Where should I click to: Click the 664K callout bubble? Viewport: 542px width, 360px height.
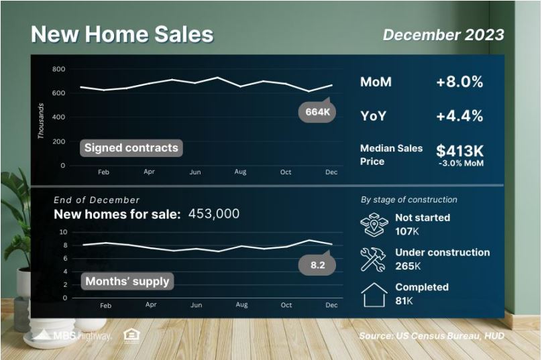coord(317,111)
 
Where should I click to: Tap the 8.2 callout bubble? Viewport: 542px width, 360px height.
coord(317,264)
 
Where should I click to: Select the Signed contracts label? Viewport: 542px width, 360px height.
coord(131,148)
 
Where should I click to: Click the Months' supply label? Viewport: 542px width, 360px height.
coord(127,281)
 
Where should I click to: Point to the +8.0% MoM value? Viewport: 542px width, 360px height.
coord(459,82)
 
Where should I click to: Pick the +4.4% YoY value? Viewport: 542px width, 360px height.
coord(459,116)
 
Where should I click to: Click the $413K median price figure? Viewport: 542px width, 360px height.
coord(459,151)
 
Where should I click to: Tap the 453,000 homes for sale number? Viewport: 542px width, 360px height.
coord(214,214)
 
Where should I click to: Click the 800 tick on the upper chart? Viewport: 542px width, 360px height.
coord(59,69)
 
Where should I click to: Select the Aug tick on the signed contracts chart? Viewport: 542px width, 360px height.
coord(240,172)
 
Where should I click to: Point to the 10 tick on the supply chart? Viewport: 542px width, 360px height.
coord(63,232)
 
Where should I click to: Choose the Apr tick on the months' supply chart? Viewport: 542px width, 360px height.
coord(151,305)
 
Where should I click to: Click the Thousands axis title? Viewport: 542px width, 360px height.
coord(41,121)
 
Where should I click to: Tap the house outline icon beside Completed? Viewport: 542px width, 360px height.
coord(374,295)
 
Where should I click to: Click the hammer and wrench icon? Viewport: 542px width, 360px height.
coord(374,259)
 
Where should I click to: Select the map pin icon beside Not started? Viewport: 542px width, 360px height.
coord(374,225)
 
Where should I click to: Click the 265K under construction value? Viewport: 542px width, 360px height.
coord(408,266)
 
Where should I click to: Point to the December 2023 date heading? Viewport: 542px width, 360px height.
coord(443,35)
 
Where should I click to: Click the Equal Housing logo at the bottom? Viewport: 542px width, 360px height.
coord(131,336)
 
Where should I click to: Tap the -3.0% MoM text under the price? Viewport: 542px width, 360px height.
coord(461,164)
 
